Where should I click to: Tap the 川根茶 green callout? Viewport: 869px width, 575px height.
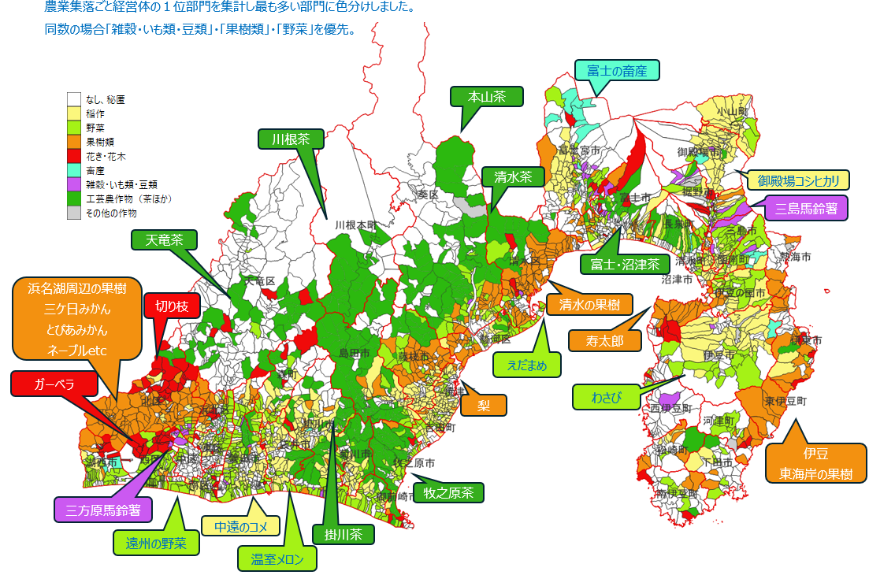coord(291,139)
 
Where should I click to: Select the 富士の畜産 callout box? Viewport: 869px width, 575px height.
coord(617,71)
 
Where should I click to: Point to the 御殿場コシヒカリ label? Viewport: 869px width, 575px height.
coord(798,180)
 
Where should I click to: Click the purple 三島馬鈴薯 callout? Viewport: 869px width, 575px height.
coord(806,209)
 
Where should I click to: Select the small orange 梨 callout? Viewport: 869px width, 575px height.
coord(483,406)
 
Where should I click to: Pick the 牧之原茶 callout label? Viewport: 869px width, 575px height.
coord(448,493)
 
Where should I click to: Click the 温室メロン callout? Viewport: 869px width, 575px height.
coord(277,559)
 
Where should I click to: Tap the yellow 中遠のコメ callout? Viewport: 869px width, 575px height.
coord(240,526)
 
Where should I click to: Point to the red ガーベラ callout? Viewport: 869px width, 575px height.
coord(53,384)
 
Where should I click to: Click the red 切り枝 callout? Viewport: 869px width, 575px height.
coord(172,306)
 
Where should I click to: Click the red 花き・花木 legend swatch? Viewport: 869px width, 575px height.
coord(74,157)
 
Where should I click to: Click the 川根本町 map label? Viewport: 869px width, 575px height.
coord(355,224)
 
